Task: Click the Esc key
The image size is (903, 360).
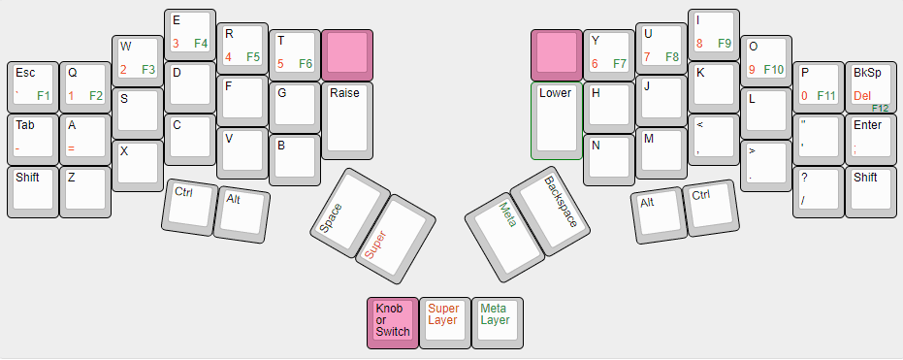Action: point(32,84)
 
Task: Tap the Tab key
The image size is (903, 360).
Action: point(32,137)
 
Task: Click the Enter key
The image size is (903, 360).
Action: point(870,137)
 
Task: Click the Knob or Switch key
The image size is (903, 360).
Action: point(392,320)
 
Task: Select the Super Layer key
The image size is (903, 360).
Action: point(444,320)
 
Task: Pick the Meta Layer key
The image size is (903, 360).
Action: point(497,320)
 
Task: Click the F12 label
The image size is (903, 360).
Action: point(881,108)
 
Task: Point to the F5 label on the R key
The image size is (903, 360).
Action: point(253,57)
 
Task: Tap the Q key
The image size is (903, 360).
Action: point(84,84)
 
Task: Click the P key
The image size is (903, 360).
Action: point(818,84)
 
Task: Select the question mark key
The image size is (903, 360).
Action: point(818,189)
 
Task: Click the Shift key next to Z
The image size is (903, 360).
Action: point(32,189)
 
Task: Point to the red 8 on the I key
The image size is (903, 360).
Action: point(699,44)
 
